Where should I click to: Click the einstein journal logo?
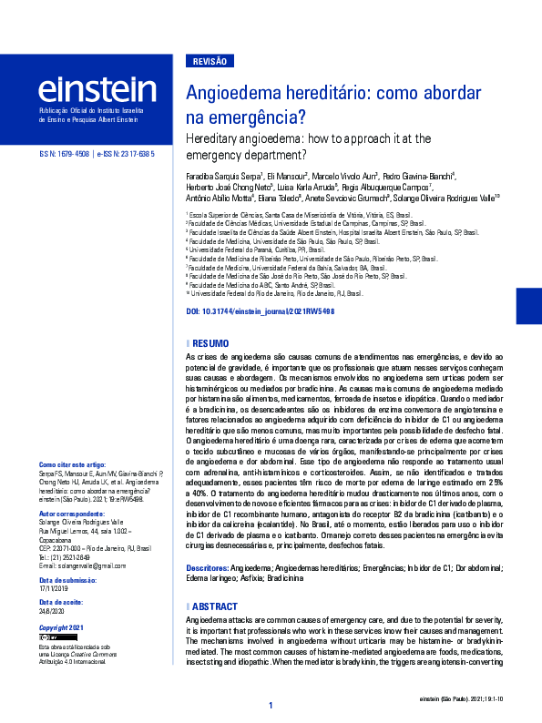click(x=97, y=89)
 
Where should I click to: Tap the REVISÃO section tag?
click(x=210, y=61)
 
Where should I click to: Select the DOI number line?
click(x=260, y=311)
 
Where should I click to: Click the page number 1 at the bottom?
click(x=271, y=707)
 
